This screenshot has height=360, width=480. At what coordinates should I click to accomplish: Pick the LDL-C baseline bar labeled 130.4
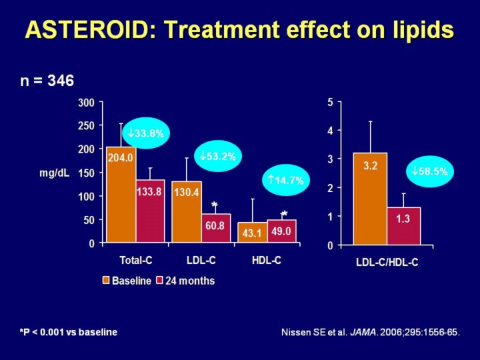coord(187,212)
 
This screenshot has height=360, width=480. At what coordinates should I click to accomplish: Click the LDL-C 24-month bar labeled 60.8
coord(215,229)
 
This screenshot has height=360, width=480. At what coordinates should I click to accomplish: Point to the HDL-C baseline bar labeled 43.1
coord(252,233)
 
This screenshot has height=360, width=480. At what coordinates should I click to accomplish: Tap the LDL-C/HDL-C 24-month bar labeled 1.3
coord(403,226)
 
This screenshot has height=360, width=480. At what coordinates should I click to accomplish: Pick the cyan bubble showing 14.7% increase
coord(285,180)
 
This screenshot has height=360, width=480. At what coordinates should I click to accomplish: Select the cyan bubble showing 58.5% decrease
coord(430,171)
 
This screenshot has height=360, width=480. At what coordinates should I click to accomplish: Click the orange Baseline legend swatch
coord(105,281)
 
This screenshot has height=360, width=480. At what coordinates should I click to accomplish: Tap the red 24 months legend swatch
coord(159,281)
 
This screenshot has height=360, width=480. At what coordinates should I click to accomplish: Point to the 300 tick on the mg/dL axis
coord(87,103)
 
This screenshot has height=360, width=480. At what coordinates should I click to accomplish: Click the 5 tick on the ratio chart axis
coord(330,103)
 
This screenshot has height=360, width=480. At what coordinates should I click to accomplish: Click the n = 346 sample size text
coord(46,80)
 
